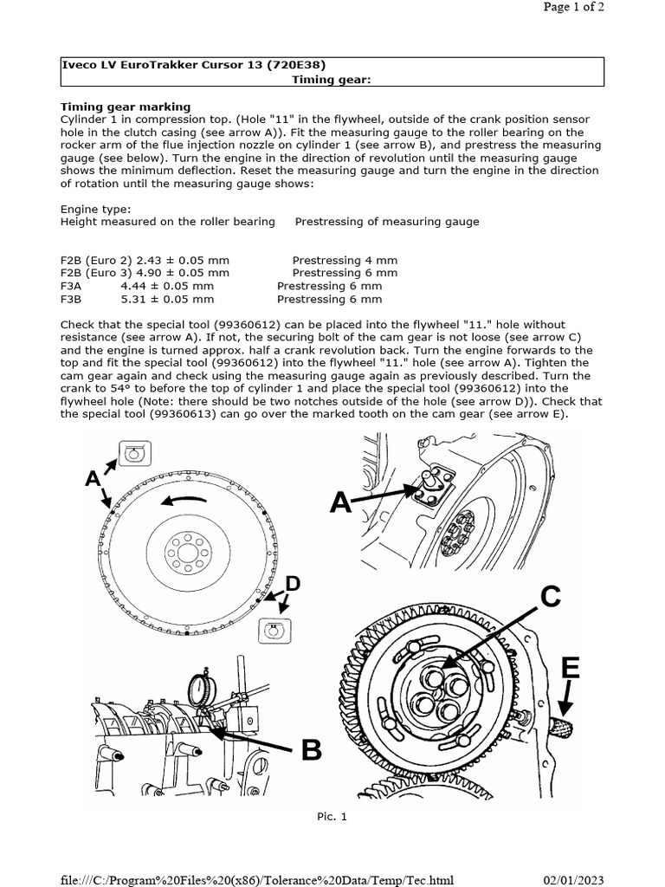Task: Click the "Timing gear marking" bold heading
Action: pyautogui.click(x=125, y=107)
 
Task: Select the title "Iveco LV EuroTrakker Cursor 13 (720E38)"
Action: pyautogui.click(x=194, y=64)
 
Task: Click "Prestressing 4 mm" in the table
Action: pyautogui.click(x=345, y=260)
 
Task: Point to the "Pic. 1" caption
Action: pyautogui.click(x=332, y=816)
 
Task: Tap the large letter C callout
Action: pyautogui.click(x=552, y=597)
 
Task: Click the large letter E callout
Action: pyautogui.click(x=570, y=668)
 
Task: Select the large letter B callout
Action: pyautogui.click(x=311, y=750)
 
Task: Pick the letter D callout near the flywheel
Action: pyautogui.click(x=293, y=584)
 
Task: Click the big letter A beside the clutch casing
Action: pyautogui.click(x=341, y=502)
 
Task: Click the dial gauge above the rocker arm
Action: pyautogui.click(x=200, y=691)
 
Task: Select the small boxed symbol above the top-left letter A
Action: pyautogui.click(x=134, y=452)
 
